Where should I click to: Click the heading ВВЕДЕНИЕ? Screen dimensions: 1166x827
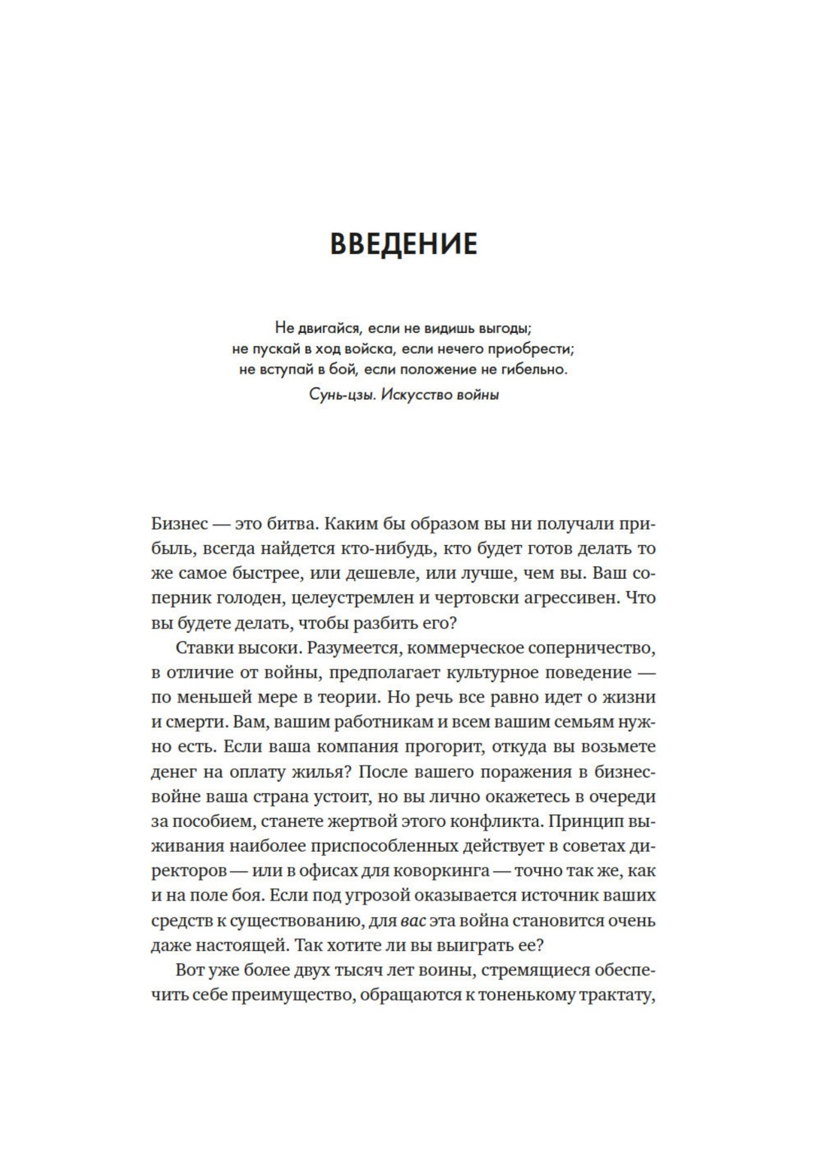[404, 245]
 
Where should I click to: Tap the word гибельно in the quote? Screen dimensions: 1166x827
[536, 370]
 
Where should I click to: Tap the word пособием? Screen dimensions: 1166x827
[213, 822]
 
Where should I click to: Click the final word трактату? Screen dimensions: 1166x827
[615, 995]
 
